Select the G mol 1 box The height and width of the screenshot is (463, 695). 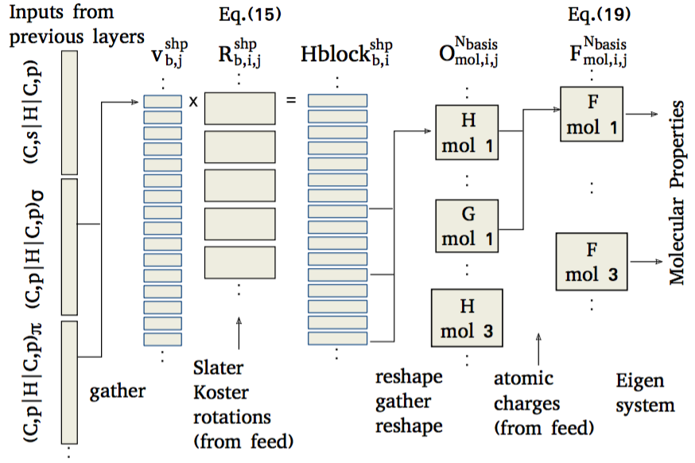pos(468,226)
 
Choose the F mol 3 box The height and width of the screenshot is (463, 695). pos(590,261)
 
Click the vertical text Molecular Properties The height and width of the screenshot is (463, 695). pos(677,193)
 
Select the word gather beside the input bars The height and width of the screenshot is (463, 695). pos(118,391)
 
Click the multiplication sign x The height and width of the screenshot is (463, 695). pos(193,102)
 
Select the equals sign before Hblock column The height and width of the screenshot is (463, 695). pos(290,101)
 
